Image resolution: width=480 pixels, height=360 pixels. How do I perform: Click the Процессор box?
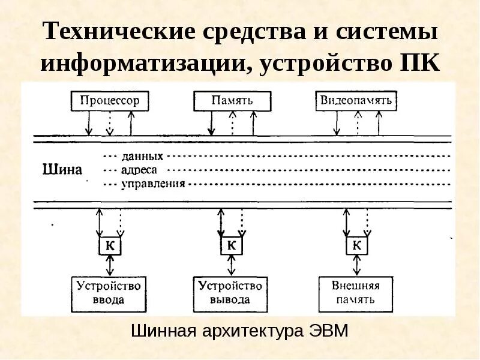109,100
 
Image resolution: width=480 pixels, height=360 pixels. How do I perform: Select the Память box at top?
232,100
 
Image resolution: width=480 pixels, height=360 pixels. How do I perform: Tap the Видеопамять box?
356,100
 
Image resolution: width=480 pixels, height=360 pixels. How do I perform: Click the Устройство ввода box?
109,293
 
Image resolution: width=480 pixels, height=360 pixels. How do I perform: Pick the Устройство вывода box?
230,293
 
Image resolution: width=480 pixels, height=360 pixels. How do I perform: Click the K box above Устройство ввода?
109,246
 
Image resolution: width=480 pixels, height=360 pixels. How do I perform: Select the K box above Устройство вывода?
231,246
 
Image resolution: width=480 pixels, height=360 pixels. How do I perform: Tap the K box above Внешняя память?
356,246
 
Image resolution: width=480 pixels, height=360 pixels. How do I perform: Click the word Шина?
62,169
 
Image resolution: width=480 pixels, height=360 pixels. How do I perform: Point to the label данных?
142,156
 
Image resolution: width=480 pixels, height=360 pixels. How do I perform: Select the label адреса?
139,170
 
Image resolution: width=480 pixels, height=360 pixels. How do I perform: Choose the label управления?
153,184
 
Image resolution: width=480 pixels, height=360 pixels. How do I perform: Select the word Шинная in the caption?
160,331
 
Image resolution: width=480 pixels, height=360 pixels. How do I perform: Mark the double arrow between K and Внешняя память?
357,265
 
